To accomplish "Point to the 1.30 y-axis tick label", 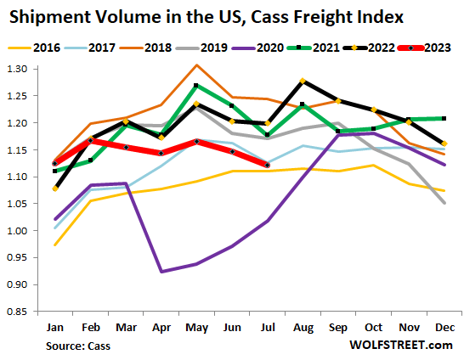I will click(x=20, y=69).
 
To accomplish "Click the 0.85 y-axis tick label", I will click(x=20, y=312).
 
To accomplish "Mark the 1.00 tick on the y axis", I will click(x=20, y=230).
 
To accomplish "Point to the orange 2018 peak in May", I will click(x=197, y=65).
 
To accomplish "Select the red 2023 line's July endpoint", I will click(x=268, y=165).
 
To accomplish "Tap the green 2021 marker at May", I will click(x=197, y=86).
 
